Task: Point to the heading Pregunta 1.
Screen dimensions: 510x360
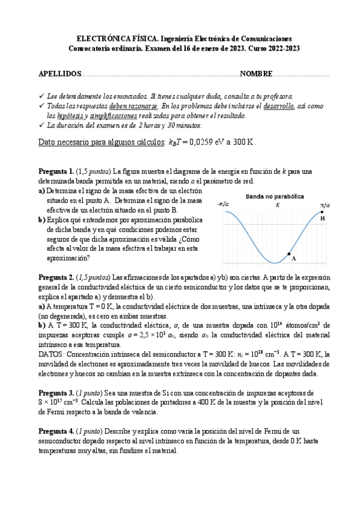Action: [56, 171]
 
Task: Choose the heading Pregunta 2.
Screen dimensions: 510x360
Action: [56, 277]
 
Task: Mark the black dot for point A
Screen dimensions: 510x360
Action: [290, 253]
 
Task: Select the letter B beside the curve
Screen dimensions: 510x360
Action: [323, 218]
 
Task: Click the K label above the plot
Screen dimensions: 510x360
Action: [277, 205]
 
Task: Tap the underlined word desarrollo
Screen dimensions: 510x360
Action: [278, 105]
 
